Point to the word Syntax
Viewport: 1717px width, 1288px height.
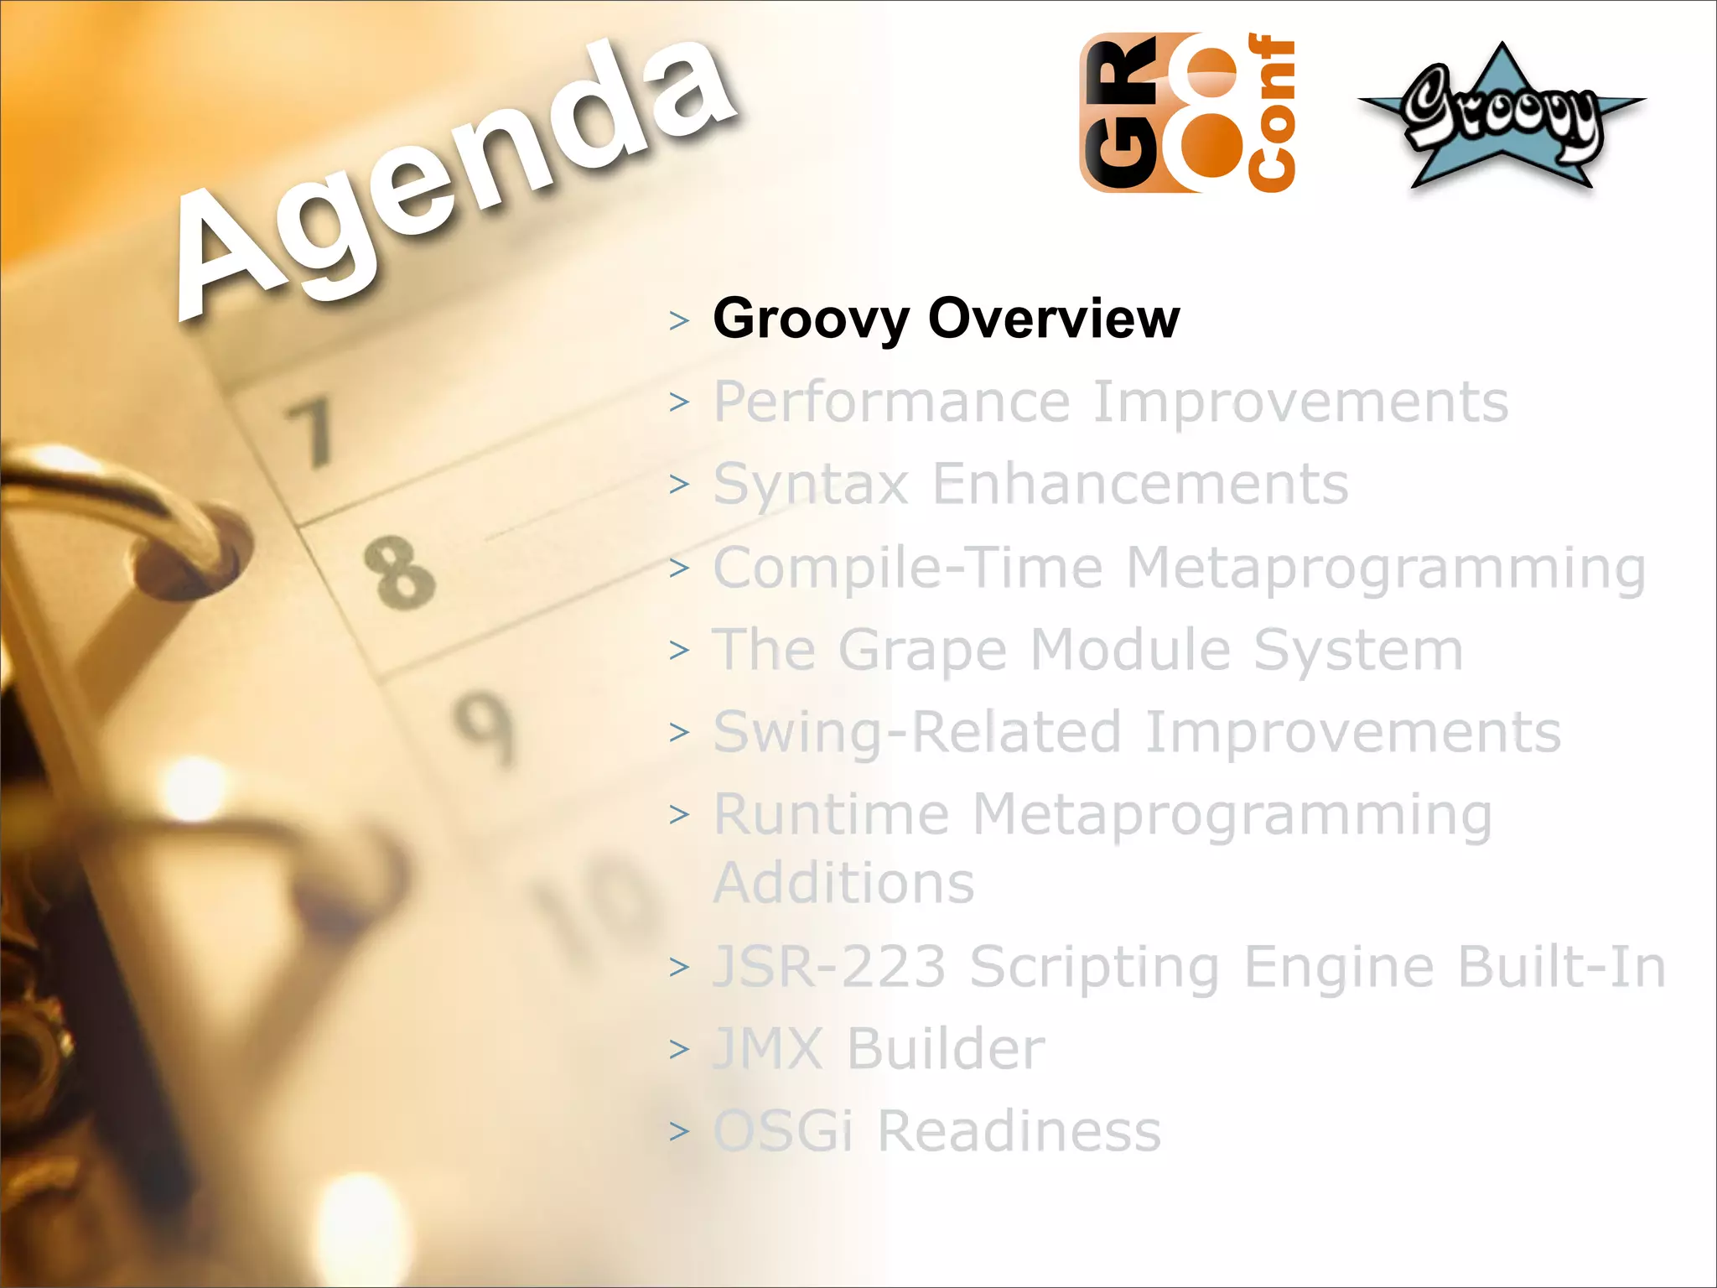[810, 485]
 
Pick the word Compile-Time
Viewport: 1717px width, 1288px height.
[908, 568]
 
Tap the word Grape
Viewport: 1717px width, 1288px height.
[922, 651]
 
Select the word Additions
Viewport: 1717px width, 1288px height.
[843, 883]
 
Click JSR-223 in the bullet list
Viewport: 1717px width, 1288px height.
[829, 967]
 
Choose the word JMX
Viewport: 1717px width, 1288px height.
[768, 1049]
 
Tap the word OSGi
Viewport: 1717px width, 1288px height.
[783, 1131]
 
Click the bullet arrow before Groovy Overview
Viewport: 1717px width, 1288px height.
[679, 320]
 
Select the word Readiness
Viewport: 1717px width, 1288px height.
[1019, 1131]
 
